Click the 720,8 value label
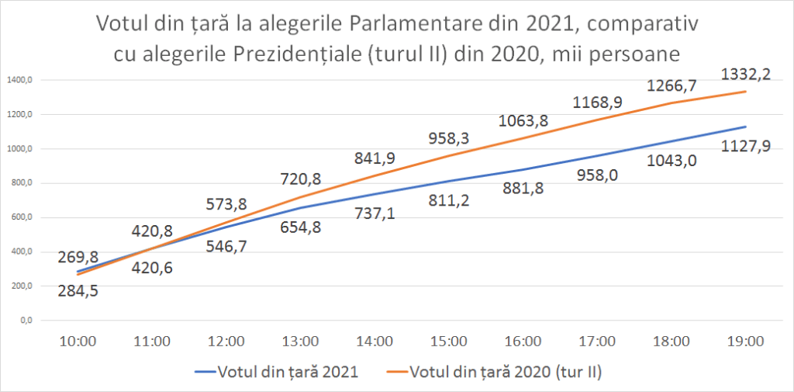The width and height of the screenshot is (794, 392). pyautogui.click(x=300, y=180)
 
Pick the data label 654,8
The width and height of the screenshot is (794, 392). pyautogui.click(x=300, y=227)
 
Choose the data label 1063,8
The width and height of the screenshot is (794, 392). pyautogui.click(x=522, y=120)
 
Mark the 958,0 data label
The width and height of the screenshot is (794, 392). pyautogui.click(x=597, y=176)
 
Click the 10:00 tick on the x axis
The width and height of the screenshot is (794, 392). pyautogui.click(x=78, y=341)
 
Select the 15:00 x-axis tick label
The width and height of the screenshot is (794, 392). pyautogui.click(x=449, y=341)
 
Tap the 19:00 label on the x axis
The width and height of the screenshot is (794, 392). pyautogui.click(x=745, y=341)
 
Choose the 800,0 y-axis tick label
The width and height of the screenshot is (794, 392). pyautogui.click(x=21, y=183)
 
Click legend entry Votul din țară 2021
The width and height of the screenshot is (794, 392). pyautogui.click(x=287, y=372)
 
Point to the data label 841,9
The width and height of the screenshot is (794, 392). pyautogui.click(x=375, y=158)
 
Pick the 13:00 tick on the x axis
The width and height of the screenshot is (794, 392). pyautogui.click(x=300, y=341)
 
